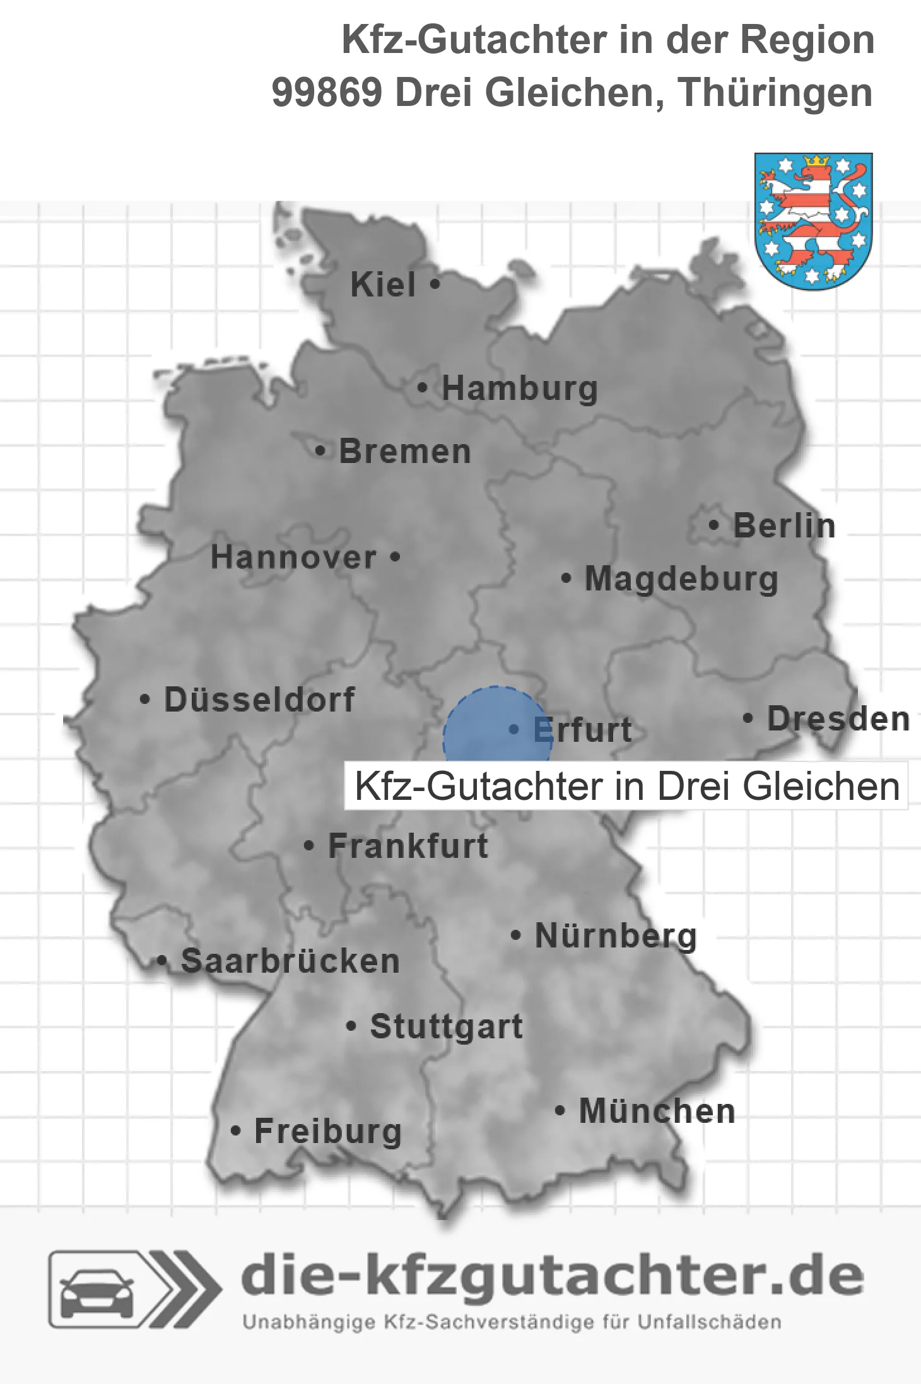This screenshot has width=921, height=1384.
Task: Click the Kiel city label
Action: (383, 284)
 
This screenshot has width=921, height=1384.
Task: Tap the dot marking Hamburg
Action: (423, 388)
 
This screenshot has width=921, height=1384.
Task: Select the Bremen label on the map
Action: (405, 452)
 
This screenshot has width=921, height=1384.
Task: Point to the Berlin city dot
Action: (713, 525)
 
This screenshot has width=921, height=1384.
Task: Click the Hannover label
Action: (294, 558)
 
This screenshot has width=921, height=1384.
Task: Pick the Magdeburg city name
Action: (681, 579)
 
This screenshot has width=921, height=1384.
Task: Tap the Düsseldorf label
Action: (259, 700)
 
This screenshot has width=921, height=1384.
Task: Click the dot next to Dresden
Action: (748, 718)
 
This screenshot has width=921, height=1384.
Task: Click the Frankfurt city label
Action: (408, 846)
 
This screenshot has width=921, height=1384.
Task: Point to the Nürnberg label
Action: (616, 935)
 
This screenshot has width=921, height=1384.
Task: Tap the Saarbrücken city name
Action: (290, 961)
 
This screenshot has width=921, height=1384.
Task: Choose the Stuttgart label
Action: (446, 1026)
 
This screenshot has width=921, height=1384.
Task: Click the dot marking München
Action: (560, 1110)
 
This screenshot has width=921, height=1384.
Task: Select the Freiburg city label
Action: (328, 1131)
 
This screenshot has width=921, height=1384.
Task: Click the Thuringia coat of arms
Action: (813, 221)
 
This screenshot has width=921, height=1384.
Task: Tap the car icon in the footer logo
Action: (97, 1289)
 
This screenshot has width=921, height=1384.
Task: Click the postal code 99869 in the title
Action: (327, 93)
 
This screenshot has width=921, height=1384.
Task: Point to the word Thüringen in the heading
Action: (775, 93)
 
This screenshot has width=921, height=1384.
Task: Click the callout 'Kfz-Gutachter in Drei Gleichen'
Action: (626, 787)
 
